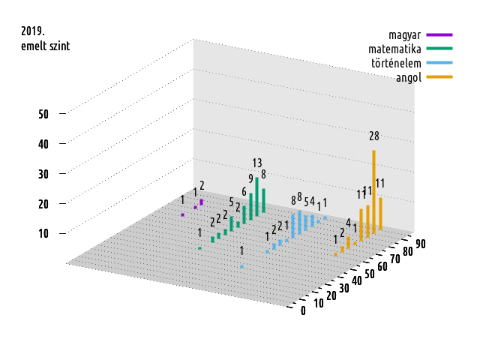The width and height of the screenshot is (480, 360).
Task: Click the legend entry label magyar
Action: coord(403,34)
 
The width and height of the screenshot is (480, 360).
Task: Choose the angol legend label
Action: coord(408,77)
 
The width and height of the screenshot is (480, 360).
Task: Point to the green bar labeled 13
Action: coord(257,195)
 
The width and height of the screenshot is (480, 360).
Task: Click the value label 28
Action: coord(374,136)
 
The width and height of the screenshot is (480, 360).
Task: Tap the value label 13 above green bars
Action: coord(257,163)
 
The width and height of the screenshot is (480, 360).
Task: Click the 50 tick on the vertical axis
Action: coord(43,114)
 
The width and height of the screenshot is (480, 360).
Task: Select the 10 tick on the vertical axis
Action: coord(43,233)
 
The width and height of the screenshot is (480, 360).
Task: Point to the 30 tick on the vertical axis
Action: coord(43,174)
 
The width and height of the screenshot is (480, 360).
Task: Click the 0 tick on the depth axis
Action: coord(303,311)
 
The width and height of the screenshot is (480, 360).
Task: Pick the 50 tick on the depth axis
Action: coord(370,274)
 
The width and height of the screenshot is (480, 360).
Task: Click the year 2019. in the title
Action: coord(33,31)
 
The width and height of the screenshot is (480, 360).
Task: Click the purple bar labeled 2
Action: coord(202,202)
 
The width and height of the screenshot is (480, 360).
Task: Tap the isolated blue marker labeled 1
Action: coord(241,266)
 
